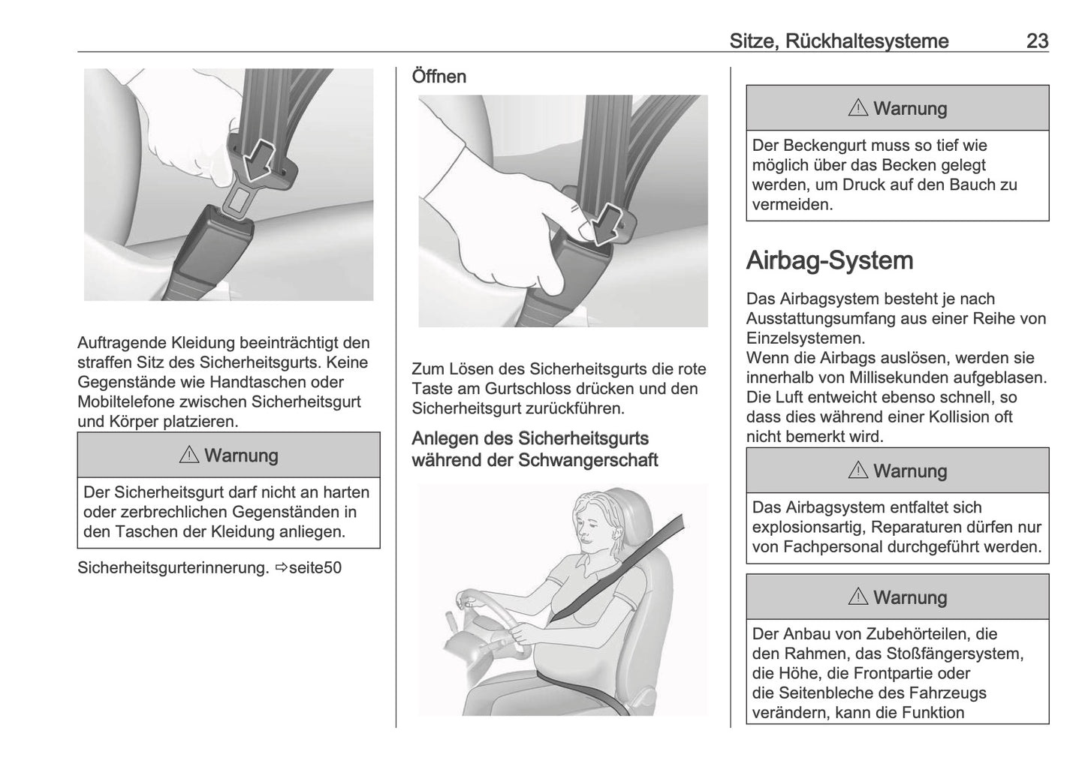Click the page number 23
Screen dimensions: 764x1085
pyautogui.click(x=1037, y=41)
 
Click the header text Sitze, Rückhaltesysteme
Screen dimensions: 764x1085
pyautogui.click(x=839, y=41)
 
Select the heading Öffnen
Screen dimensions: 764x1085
pyautogui.click(x=439, y=77)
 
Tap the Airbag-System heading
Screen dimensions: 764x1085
pyautogui.click(x=830, y=260)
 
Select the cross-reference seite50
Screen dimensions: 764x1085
pyautogui.click(x=315, y=567)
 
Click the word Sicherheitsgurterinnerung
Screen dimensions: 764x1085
pyautogui.click(x=173, y=567)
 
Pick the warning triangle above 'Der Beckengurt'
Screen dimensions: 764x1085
pyautogui.click(x=857, y=109)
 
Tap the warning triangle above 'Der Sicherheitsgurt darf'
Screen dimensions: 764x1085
pyautogui.click(x=188, y=456)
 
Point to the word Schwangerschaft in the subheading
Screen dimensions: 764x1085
pyautogui.click(x=588, y=460)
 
